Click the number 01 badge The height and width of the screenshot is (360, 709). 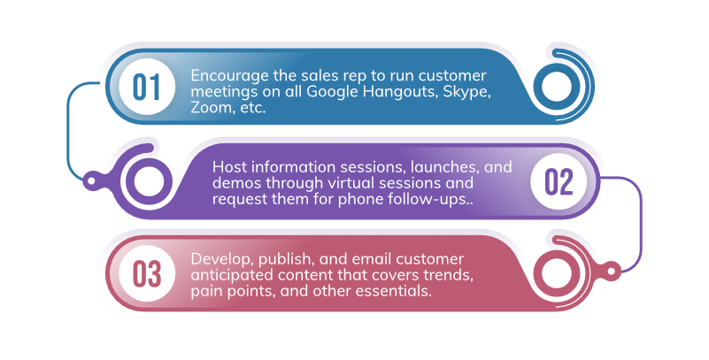click(x=147, y=88)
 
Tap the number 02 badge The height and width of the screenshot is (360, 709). click(x=559, y=181)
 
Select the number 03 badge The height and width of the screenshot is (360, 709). click(x=147, y=274)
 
